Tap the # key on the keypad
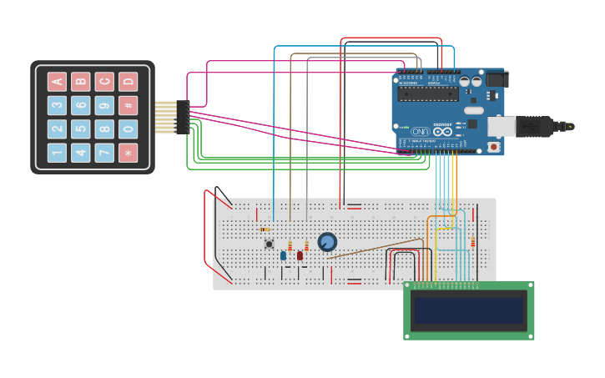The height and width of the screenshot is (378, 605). click(x=128, y=105)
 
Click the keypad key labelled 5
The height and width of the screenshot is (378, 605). click(x=80, y=129)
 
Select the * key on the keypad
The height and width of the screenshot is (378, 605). click(x=128, y=153)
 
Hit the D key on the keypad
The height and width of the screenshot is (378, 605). click(x=128, y=81)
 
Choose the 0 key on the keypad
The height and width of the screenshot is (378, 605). click(x=128, y=129)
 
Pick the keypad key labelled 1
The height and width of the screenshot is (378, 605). click(x=57, y=153)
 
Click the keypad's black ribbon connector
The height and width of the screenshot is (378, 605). click(x=183, y=117)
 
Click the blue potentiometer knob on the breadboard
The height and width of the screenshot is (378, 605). click(x=327, y=242)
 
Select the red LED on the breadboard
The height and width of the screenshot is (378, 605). click(x=300, y=255)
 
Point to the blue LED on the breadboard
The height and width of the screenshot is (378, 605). click(x=283, y=255)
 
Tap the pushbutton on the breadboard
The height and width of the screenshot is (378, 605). click(x=269, y=244)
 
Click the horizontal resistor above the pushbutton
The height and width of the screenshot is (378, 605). click(x=265, y=229)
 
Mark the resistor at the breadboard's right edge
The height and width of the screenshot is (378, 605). click(x=472, y=242)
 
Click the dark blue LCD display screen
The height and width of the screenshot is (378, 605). click(x=468, y=311)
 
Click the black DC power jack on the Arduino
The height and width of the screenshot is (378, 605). click(x=496, y=79)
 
